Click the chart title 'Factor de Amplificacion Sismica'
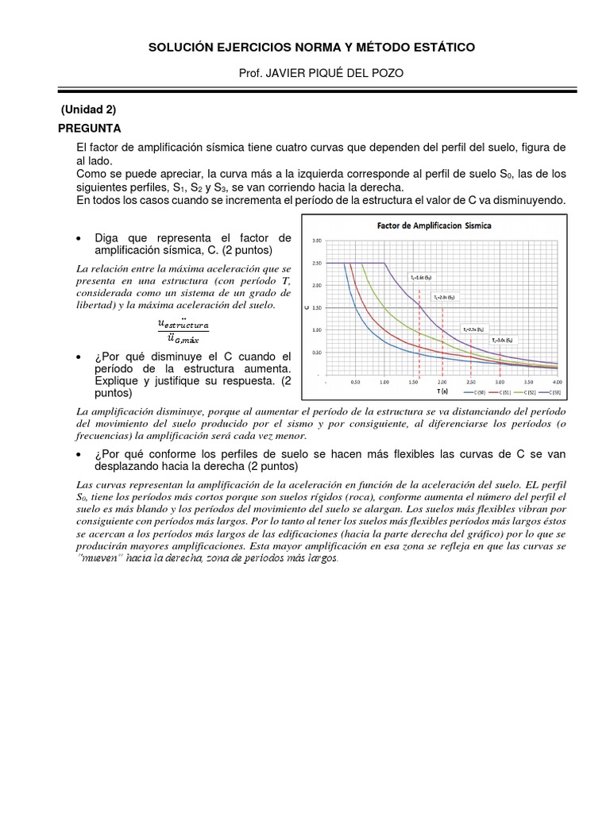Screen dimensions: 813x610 pos(434,225)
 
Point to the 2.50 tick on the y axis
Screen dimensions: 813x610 pos(317,263)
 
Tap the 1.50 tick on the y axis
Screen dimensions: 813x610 pos(317,307)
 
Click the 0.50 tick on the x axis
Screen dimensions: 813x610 pos(356,382)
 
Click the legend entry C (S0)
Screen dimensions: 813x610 pos(477,393)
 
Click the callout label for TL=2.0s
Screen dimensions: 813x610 pos(444,296)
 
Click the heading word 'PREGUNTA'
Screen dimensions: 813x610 pos(89,128)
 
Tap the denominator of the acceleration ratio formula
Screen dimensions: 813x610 pos(183,339)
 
